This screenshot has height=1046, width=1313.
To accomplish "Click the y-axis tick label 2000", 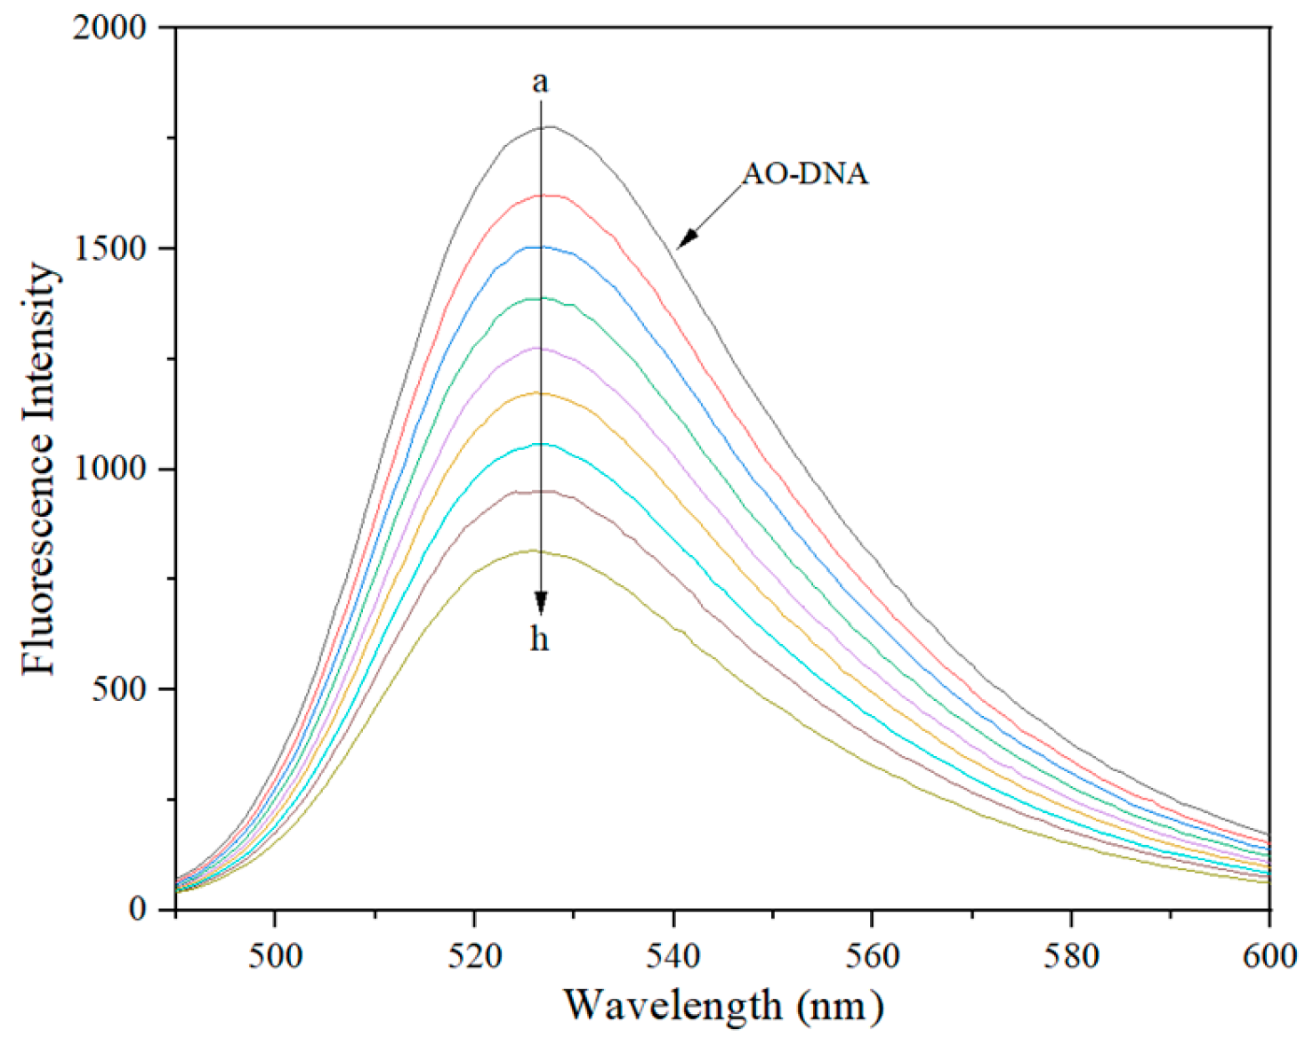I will [x=110, y=28].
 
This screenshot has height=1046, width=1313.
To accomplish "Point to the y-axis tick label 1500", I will [x=110, y=248].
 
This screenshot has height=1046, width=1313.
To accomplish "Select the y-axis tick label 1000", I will [x=110, y=469].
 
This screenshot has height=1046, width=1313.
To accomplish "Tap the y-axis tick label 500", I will [x=119, y=689].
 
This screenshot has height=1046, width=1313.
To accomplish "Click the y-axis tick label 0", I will [x=137, y=909].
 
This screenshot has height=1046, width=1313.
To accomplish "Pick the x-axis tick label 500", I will [x=276, y=955].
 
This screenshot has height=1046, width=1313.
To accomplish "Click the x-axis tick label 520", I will [x=475, y=955].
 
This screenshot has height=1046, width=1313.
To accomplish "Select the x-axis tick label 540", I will [x=674, y=955].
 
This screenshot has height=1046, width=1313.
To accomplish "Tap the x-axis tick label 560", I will [x=873, y=955].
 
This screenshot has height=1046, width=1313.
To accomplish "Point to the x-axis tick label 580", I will [x=1071, y=955].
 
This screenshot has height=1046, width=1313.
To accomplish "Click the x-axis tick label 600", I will [x=1269, y=955].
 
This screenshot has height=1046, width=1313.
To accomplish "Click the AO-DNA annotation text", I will [x=805, y=173].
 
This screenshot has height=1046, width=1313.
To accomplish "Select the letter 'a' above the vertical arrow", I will [x=540, y=82].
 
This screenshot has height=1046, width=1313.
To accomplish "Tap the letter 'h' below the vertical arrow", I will [x=540, y=639].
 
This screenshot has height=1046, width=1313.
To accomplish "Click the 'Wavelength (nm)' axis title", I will [x=723, y=1006].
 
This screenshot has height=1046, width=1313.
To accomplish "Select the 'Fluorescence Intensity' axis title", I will [x=40, y=469].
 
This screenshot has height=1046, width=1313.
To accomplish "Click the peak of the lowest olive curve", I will [x=534, y=551].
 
